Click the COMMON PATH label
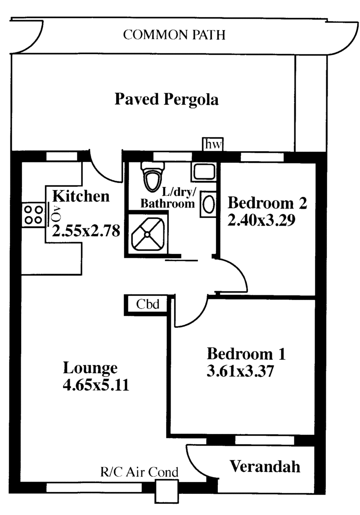(x=174, y=35)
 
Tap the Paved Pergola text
(x=166, y=99)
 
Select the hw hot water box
(x=213, y=144)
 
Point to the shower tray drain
(x=147, y=234)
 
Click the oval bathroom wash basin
(x=208, y=205)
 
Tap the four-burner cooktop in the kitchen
(x=33, y=214)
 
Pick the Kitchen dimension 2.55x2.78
(x=86, y=231)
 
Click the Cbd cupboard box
(x=147, y=304)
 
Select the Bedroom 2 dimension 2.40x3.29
(x=261, y=220)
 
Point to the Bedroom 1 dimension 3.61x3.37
(x=240, y=371)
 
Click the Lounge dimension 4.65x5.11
(x=96, y=385)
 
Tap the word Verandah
(x=265, y=466)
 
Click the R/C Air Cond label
(x=139, y=472)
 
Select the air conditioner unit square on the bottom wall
(x=166, y=491)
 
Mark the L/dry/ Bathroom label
(x=168, y=198)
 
